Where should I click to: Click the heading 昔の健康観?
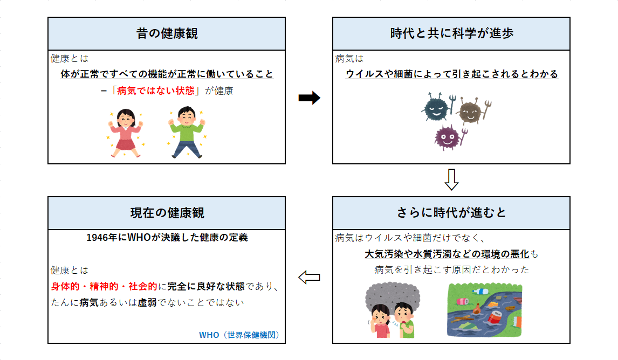tap(167, 33)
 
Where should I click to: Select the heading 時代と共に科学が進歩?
tap(451, 33)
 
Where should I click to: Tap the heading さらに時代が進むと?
tap(451, 213)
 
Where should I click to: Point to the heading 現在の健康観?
tap(167, 213)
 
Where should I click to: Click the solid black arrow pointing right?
tap(309, 98)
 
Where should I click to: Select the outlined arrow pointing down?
tap(451, 180)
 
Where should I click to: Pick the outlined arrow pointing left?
tap(309, 277)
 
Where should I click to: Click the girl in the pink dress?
tap(125, 133)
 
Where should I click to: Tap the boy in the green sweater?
tap(186, 133)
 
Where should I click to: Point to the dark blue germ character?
tap(436, 109)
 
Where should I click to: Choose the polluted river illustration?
tap(484, 310)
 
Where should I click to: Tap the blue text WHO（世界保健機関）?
tap(239, 335)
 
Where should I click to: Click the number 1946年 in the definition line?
tap(99, 237)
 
